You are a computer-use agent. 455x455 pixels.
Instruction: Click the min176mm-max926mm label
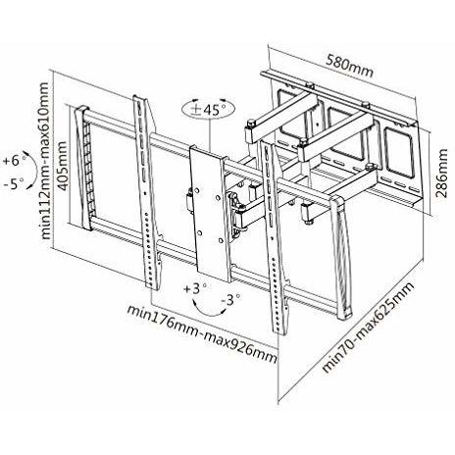pyautogui.click(x=203, y=333)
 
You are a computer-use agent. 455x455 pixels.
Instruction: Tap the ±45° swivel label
pyautogui.click(x=209, y=109)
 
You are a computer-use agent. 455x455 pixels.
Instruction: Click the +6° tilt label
pyautogui.click(x=14, y=161)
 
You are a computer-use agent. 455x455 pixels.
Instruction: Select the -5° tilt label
pyautogui.click(x=14, y=184)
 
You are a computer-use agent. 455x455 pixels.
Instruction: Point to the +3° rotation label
pyautogui.click(x=195, y=288)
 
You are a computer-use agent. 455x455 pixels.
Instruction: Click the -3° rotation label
pyautogui.click(x=230, y=299)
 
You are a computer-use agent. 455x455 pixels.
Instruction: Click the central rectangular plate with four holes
pyautogui.click(x=209, y=216)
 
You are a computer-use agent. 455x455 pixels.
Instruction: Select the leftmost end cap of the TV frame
pyautogui.click(x=83, y=167)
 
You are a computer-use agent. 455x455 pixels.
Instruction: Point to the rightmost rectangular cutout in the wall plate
pyautogui.click(x=397, y=150)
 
